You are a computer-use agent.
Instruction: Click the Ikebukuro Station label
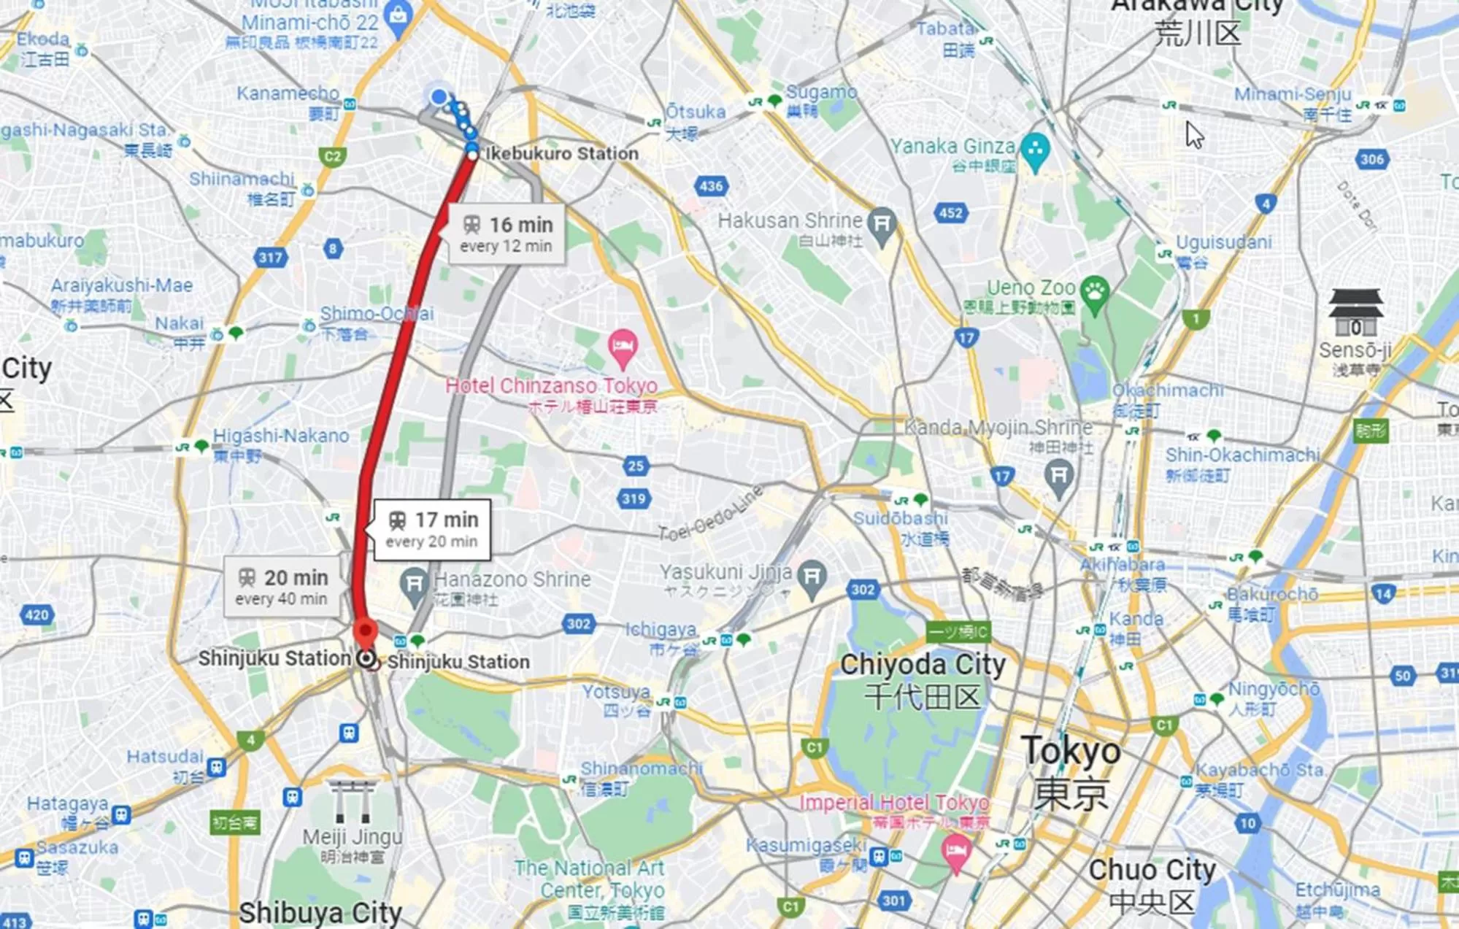561,153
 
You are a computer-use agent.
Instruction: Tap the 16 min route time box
507,234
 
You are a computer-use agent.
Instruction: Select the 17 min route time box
432,530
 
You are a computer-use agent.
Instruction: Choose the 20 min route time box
282,587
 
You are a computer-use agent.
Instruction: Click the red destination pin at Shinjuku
365,632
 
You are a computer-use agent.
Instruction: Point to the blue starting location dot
439,96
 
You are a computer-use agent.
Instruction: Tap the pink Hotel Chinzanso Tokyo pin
623,347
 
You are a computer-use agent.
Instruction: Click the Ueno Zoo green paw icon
1094,293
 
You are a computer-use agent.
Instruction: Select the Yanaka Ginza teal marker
1035,150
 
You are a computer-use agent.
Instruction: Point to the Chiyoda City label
923,665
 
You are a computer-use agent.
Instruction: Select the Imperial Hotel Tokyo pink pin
955,851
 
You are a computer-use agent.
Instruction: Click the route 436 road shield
711,185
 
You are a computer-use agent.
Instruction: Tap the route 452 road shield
950,213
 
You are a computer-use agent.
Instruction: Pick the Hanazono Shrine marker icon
414,585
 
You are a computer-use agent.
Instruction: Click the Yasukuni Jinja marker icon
812,577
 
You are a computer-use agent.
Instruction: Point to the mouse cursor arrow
1193,134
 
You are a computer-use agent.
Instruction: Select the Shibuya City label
320,912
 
